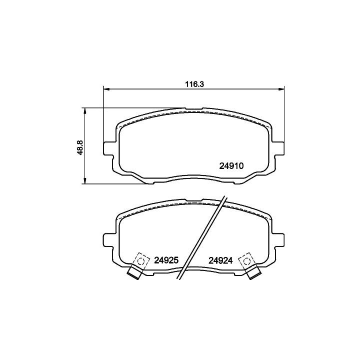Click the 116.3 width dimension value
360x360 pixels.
194,84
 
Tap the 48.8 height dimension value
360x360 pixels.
80,147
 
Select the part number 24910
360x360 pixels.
231,166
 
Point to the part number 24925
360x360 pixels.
166,260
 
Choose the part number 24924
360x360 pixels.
220,260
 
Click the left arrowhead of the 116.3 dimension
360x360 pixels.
106,88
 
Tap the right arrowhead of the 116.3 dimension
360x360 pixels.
281,88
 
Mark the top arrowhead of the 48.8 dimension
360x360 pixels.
85,110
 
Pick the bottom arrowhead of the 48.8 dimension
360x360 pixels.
85,180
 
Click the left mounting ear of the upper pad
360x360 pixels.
108,148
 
